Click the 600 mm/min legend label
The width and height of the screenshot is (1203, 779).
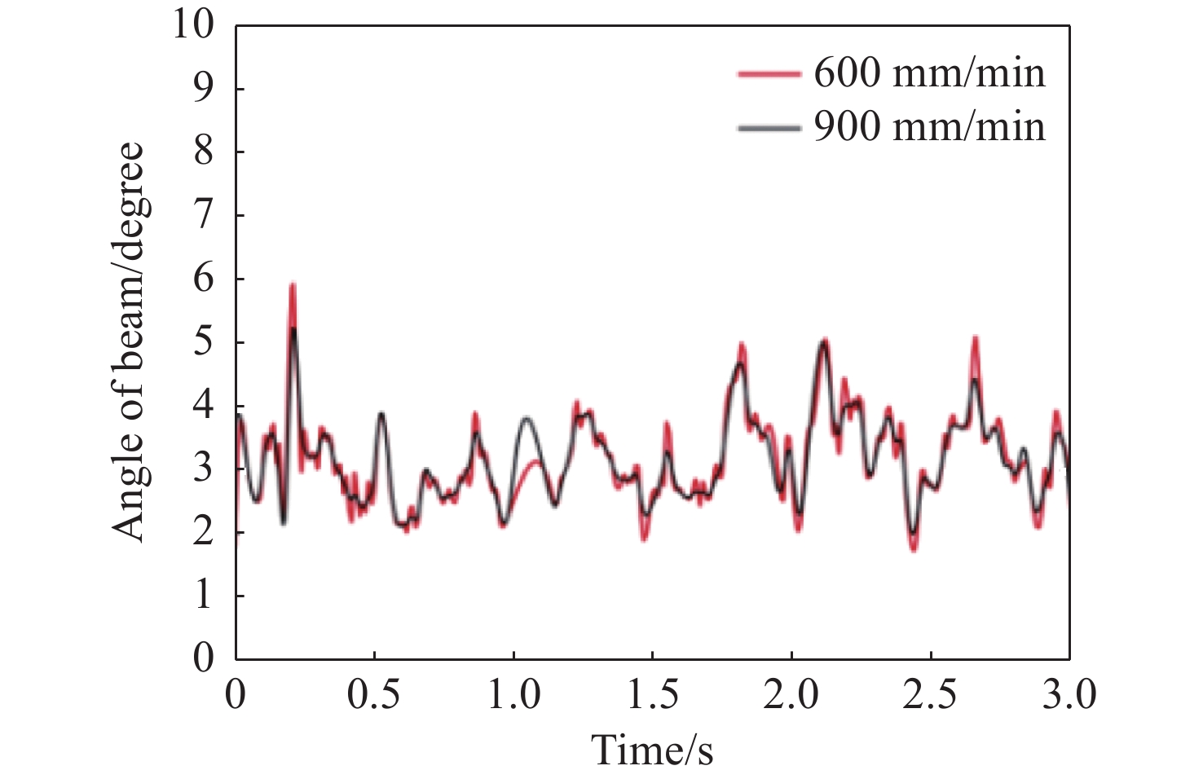coord(929,73)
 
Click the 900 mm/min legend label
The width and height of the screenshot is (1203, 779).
coord(929,127)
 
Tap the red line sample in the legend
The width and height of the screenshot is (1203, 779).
coord(768,73)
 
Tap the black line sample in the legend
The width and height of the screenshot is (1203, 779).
coord(768,127)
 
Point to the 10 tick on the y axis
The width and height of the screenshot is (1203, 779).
coord(192,25)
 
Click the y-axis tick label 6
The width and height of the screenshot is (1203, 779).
coord(203,279)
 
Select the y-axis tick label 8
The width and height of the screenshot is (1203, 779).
coord(203,152)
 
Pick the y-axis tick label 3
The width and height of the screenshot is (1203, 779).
coord(203,469)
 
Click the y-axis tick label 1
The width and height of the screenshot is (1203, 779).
coord(203,596)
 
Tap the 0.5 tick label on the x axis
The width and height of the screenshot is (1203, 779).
coord(374,696)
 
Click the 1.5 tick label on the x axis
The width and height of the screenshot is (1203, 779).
coord(652,696)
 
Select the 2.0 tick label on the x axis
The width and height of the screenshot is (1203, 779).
coord(791,696)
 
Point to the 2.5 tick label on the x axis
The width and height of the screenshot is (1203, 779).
coord(930,696)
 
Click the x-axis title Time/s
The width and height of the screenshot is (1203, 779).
coord(652,750)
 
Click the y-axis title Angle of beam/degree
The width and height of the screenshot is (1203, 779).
coord(128,342)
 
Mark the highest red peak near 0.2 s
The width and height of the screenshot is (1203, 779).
coord(293,285)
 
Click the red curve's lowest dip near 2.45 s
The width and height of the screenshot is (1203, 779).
coord(914,549)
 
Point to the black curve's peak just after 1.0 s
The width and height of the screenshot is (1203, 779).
coord(527,418)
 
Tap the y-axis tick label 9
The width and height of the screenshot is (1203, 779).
coord(203,89)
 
